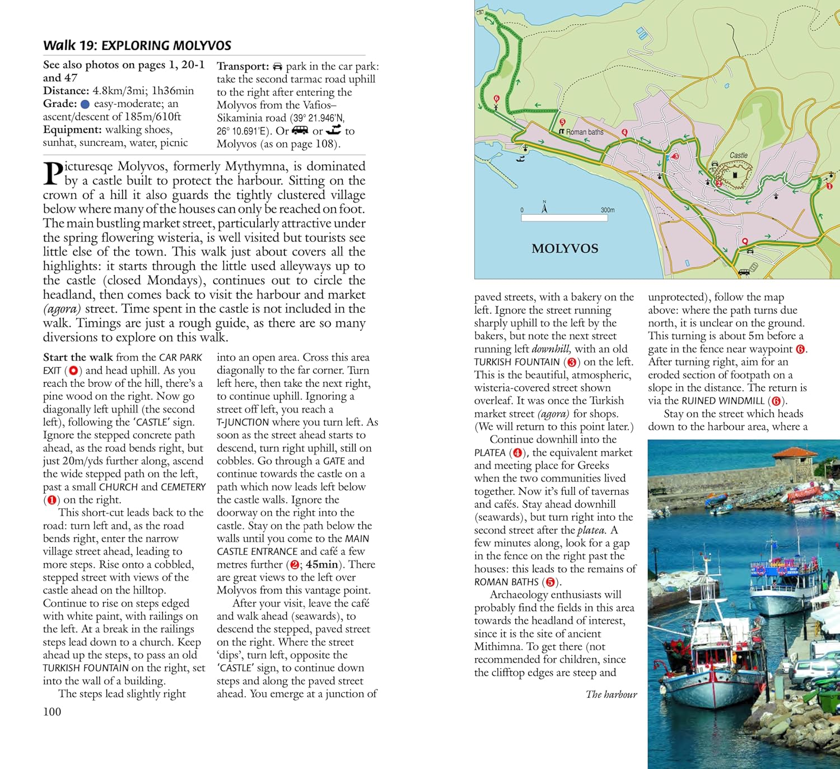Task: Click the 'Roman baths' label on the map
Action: click(584, 132)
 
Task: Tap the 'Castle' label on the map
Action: click(738, 155)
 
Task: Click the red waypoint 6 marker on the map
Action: click(496, 99)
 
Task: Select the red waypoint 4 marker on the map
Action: click(624, 132)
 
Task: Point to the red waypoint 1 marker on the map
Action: click(829, 186)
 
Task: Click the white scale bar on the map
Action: click(564, 218)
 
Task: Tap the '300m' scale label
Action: click(608, 210)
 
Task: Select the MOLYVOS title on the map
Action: click(564, 248)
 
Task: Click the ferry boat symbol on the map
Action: click(520, 159)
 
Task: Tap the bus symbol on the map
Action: click(744, 272)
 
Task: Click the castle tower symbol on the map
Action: click(735, 175)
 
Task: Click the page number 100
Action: click(52, 712)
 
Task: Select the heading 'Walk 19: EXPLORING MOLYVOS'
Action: click(137, 45)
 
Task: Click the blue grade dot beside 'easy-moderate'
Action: click(85, 104)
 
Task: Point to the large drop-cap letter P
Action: click(53, 174)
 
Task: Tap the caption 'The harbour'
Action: click(611, 694)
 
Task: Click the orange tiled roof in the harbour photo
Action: click(795, 452)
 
